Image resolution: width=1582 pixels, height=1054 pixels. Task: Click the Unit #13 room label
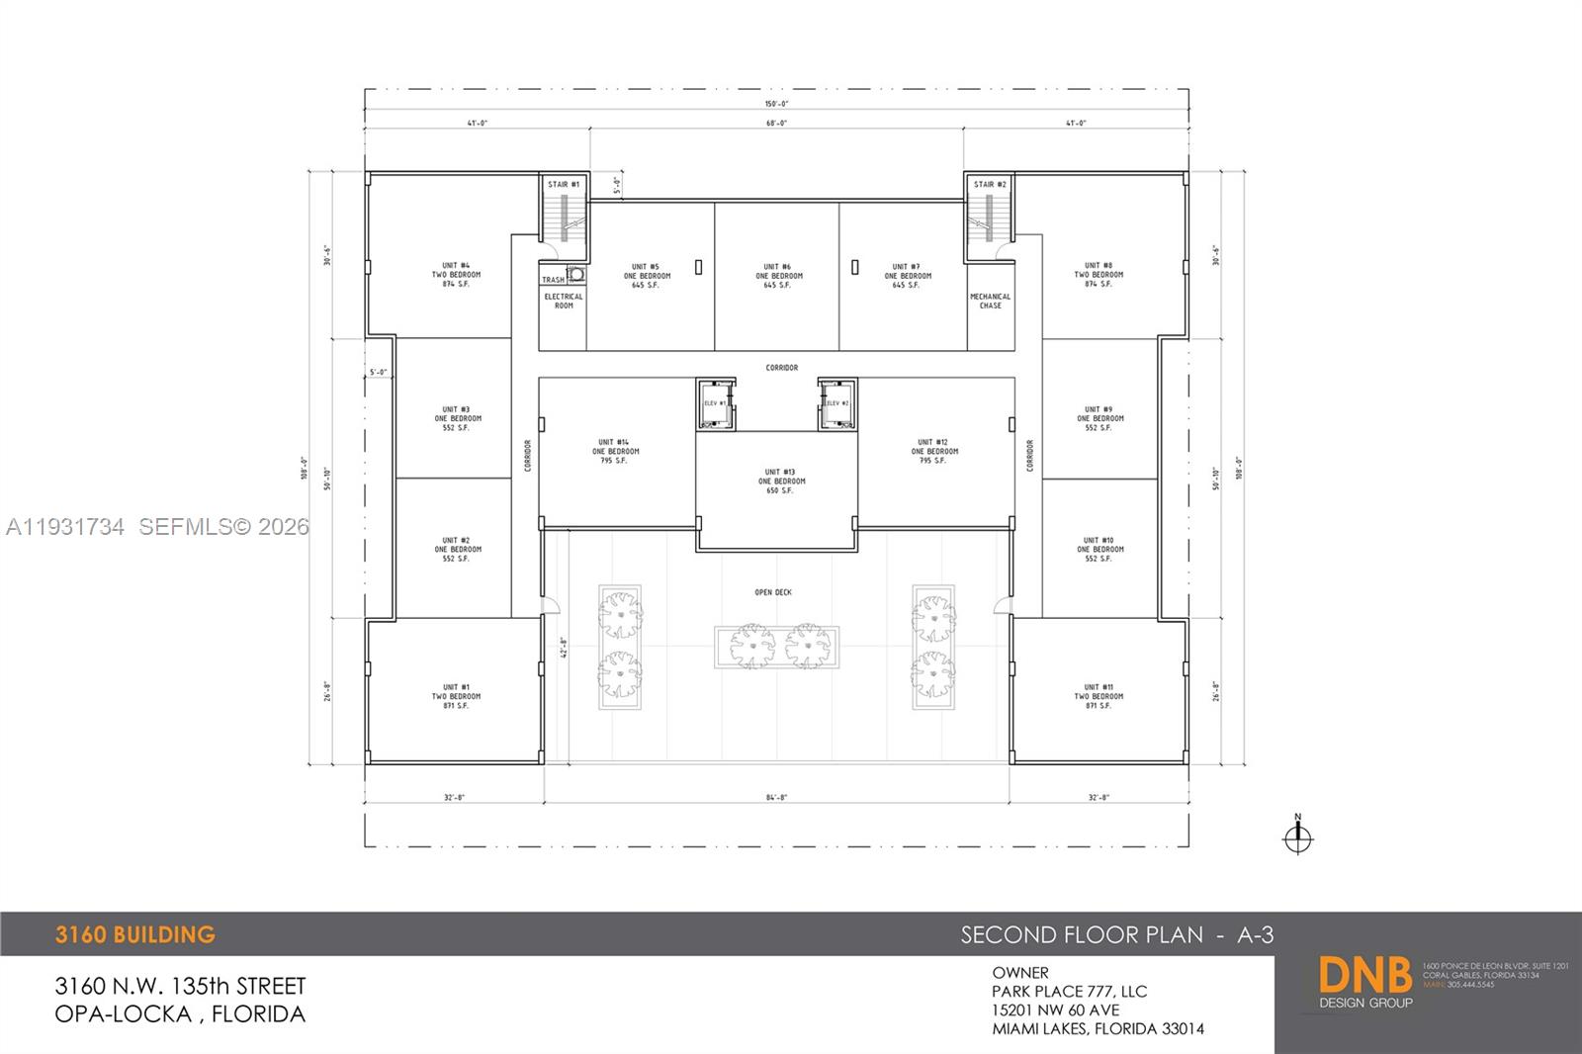[781, 482]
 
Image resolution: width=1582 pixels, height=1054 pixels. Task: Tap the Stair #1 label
[564, 184]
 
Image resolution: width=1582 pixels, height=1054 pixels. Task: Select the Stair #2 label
[990, 184]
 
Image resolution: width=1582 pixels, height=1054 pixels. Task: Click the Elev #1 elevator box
[716, 403]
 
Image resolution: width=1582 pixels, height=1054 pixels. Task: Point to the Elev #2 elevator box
[836, 403]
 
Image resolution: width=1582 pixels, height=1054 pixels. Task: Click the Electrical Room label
[564, 301]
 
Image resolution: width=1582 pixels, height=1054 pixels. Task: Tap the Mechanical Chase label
[990, 301]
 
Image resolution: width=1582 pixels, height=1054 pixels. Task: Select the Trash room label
[553, 280]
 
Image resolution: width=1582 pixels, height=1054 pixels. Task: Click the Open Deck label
[773, 592]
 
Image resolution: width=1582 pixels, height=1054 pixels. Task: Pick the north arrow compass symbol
[1297, 837]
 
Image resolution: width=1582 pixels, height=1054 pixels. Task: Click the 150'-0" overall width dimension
[776, 104]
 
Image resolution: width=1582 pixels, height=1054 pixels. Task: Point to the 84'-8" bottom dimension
[776, 797]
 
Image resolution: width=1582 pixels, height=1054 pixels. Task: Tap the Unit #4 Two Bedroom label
[456, 275]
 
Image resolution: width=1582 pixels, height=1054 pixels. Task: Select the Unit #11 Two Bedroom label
[1099, 696]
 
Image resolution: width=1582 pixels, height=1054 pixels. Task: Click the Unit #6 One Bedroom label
[778, 276]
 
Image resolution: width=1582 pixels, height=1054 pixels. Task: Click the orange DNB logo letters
[1365, 976]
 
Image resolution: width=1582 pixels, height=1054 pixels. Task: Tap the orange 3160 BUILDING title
[135, 934]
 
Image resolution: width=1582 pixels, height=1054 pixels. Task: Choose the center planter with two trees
[777, 647]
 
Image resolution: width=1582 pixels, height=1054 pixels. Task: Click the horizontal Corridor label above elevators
[781, 368]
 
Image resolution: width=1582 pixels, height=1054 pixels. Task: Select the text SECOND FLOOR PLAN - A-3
[1117, 934]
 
